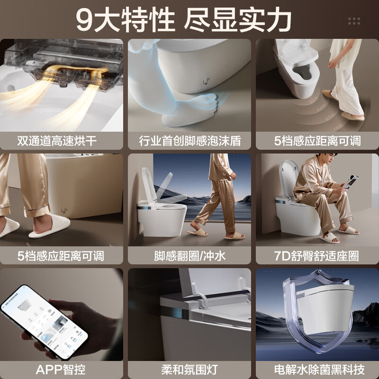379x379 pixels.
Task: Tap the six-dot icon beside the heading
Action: click(354, 21)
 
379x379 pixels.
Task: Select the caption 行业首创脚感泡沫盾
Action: click(189, 141)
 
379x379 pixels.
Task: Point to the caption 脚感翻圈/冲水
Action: click(189, 256)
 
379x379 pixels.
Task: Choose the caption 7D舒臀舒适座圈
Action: click(317, 256)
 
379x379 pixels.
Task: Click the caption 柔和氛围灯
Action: click(189, 369)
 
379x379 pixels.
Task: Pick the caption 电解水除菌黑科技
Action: click(317, 369)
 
